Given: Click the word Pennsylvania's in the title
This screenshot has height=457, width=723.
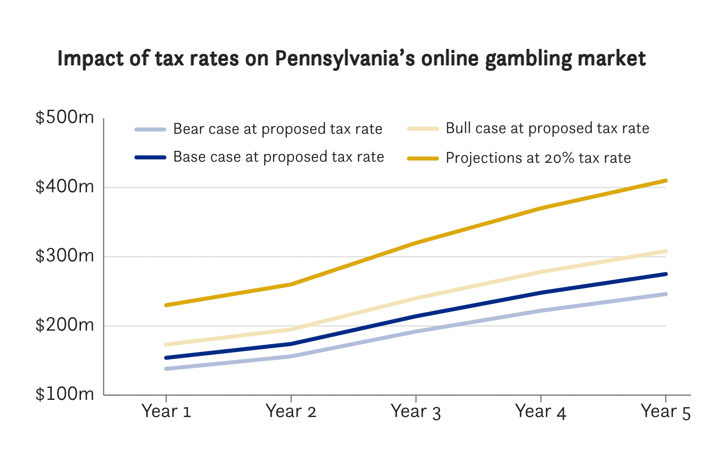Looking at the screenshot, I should click(344, 59).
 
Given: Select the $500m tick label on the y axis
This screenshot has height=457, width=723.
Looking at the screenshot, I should click(64, 117).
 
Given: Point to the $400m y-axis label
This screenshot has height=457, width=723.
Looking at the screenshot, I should click(64, 186).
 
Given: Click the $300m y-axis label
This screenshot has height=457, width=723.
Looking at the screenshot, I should click(64, 255).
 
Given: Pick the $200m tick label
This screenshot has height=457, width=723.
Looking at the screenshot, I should click(64, 325).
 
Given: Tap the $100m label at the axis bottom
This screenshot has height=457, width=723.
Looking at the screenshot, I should click(64, 394).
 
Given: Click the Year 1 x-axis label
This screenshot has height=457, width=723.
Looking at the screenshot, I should click(166, 411).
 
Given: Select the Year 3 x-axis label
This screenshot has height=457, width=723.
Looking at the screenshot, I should click(416, 411).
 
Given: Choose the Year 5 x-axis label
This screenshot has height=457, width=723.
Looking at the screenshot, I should click(665, 411).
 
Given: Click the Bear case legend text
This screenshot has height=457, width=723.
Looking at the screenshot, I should click(278, 129).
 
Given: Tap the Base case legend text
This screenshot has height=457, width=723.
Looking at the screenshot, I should click(278, 157).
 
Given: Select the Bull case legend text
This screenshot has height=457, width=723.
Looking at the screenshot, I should click(547, 128).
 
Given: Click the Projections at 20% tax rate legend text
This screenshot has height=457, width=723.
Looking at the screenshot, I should click(538, 158).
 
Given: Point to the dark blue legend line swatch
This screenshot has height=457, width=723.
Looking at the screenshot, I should click(150, 158).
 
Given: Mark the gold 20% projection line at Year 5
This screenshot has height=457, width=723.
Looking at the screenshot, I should click(665, 181).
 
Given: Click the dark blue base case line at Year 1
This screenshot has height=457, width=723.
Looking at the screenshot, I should click(166, 357).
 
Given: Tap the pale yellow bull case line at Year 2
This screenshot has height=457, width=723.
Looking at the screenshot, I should click(291, 329).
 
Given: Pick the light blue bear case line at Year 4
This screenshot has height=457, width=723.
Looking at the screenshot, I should click(541, 311).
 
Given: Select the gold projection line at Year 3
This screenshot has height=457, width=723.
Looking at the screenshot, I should click(416, 243).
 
